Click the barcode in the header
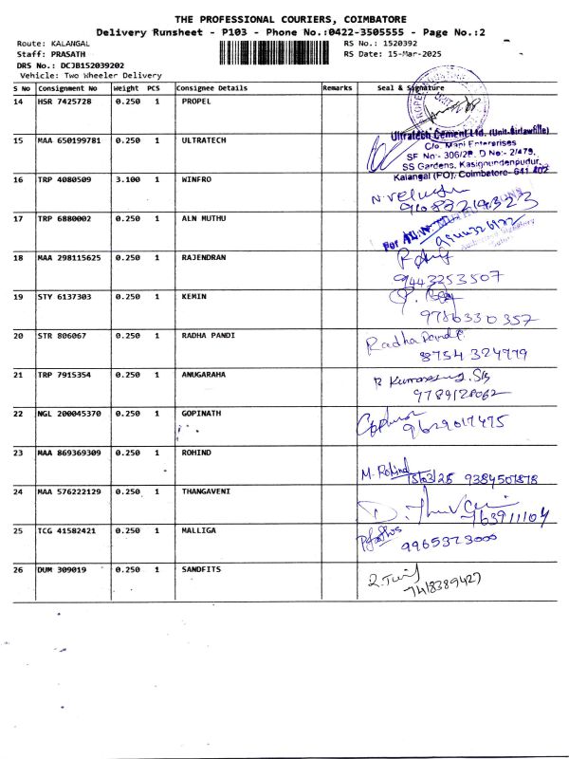277,50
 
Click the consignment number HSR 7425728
64,102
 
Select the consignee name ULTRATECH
203,140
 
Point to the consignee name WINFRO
196,179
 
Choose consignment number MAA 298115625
71,257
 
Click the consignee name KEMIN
193,296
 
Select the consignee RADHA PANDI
207,335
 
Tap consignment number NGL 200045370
71,414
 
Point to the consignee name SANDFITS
201,569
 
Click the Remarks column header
337,87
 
